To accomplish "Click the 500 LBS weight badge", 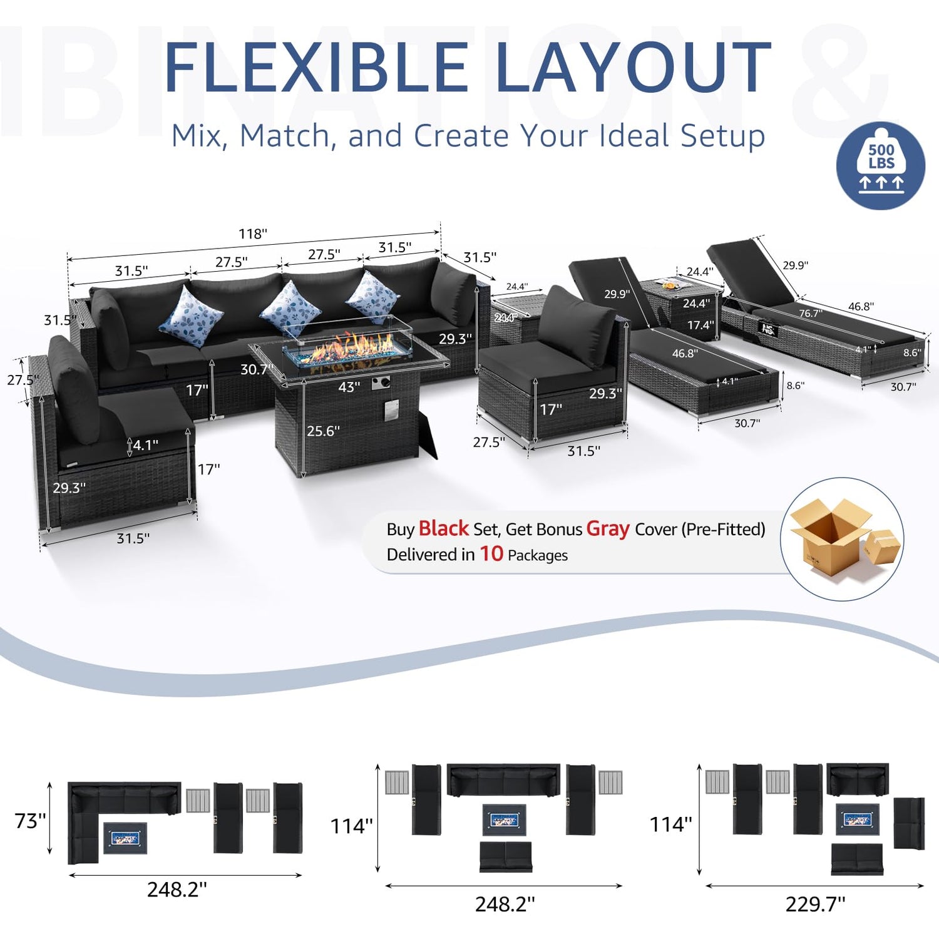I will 881,165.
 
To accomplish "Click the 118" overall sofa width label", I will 252,234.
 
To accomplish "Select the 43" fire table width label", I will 349,387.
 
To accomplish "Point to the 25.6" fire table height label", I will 323,431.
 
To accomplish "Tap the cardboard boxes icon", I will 841,538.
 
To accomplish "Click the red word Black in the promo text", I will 443,529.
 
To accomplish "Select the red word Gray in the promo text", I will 607,529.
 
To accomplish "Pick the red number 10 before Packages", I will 491,554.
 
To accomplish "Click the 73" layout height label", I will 30,821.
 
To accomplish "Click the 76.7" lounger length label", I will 810,314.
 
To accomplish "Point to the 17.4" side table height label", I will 700,326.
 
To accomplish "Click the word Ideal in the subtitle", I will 635,136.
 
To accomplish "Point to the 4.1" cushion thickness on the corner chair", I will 145,445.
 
